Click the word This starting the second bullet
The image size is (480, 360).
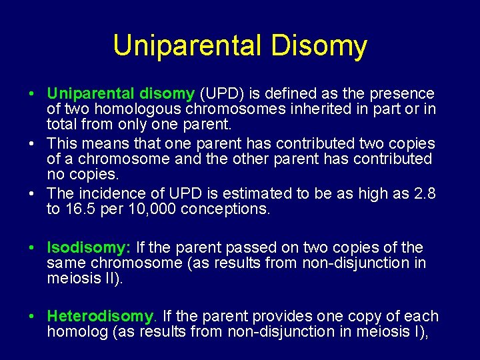63,143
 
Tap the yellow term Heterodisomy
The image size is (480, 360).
101,316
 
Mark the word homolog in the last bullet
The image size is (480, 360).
73,331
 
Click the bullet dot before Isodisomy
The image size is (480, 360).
31,248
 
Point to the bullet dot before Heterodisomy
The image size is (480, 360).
31,316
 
